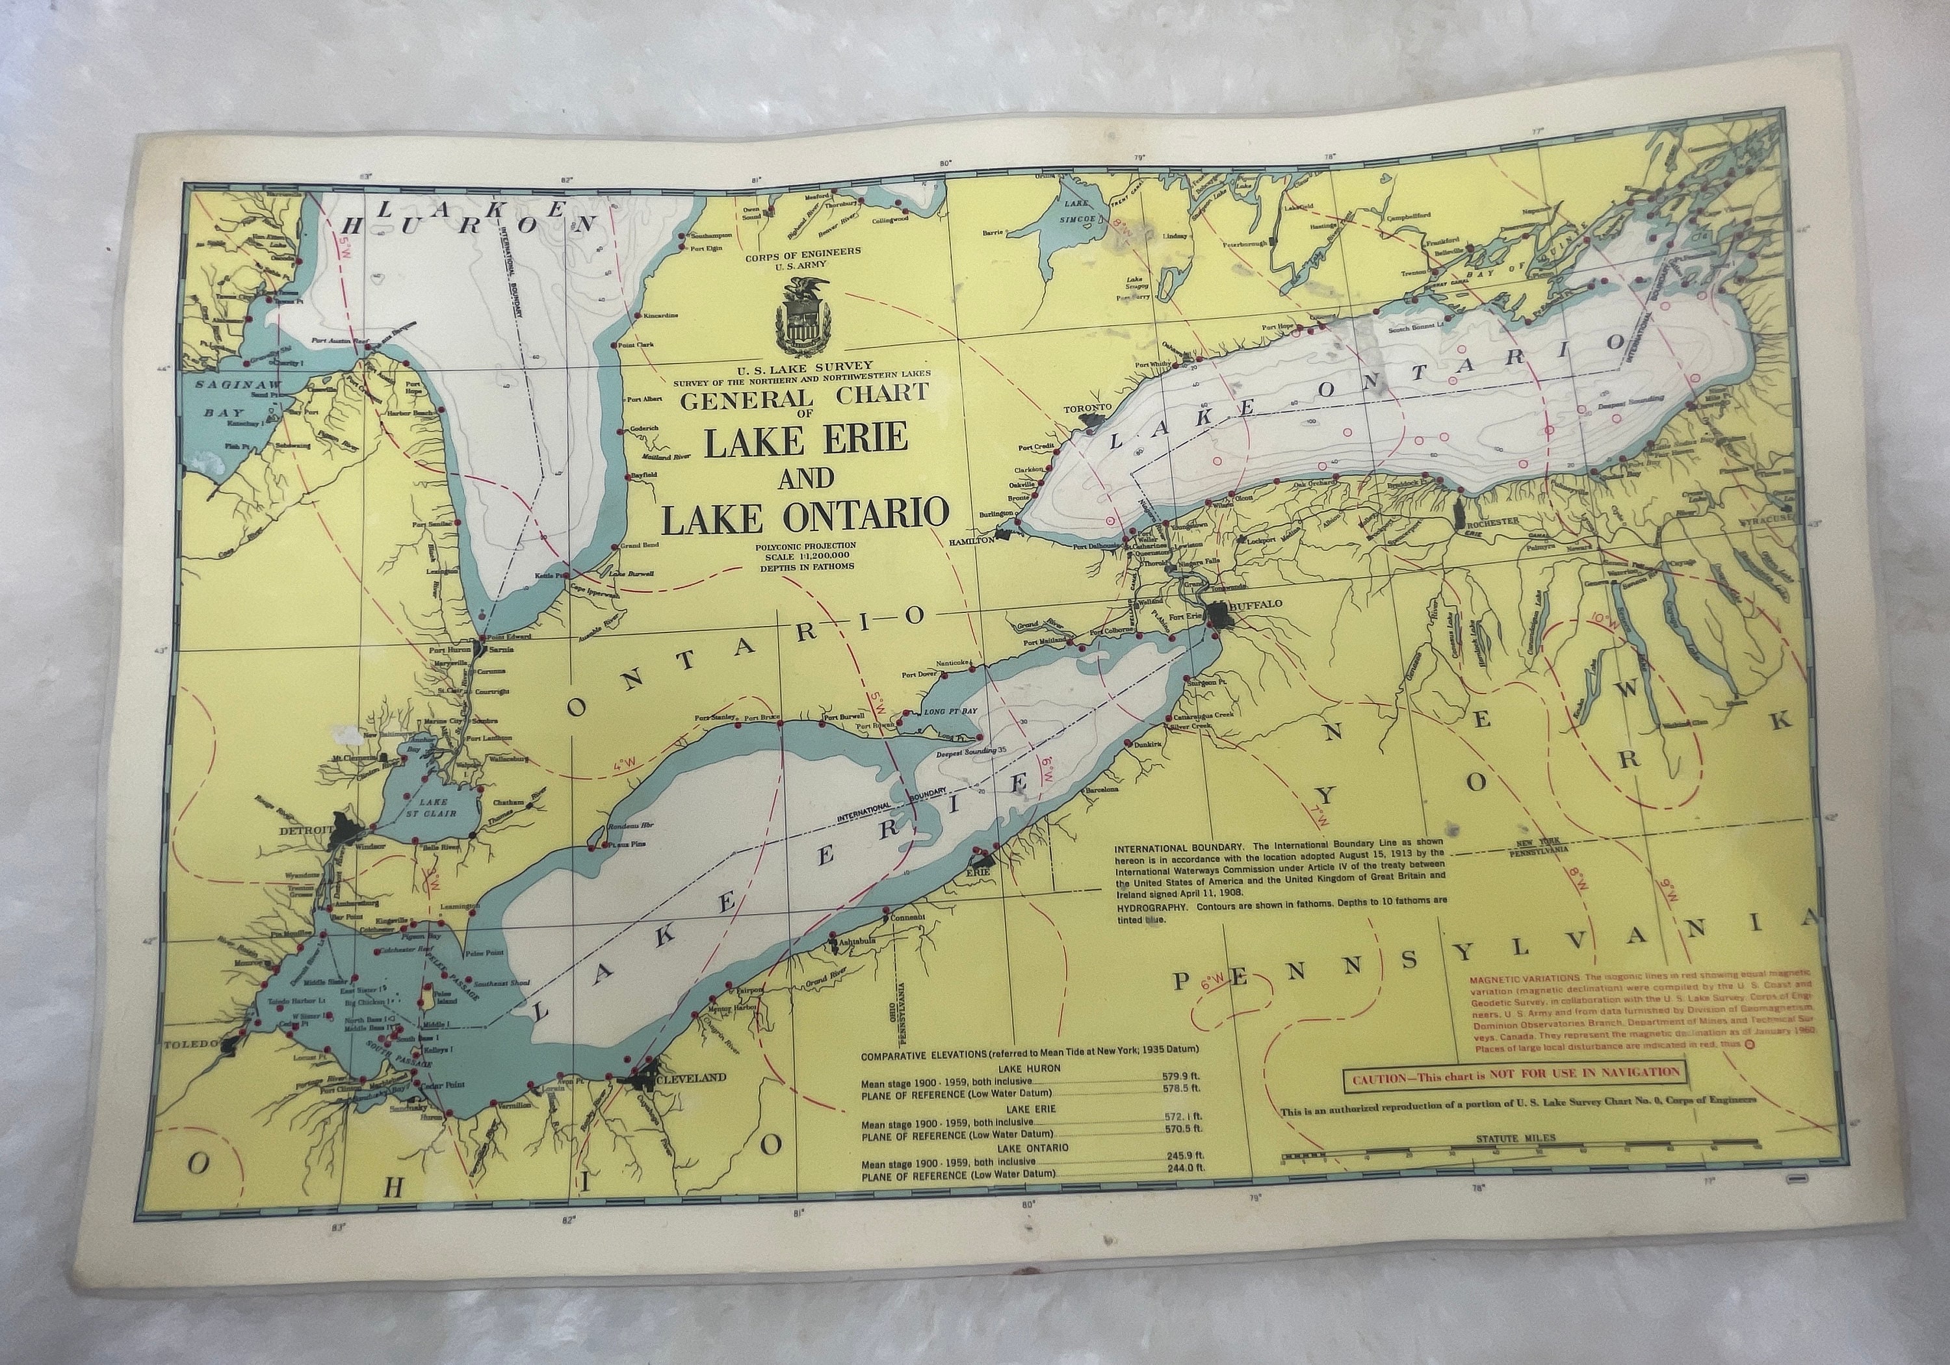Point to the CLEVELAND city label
click(690, 1078)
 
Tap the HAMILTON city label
click(972, 540)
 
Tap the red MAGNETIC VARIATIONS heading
click(1524, 978)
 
